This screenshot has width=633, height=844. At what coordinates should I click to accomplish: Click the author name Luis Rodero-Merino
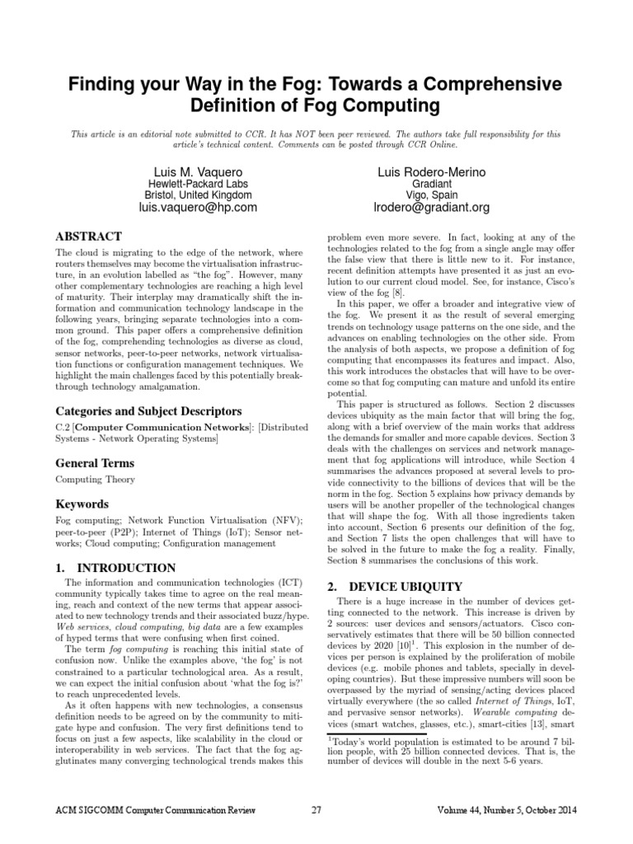[432, 171]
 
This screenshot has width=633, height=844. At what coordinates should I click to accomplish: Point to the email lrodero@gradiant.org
[432, 208]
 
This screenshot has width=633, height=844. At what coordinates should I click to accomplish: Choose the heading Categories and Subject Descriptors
[148, 410]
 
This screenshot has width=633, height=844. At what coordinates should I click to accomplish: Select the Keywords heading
[82, 504]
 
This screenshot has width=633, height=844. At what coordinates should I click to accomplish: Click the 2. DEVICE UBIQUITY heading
[394, 586]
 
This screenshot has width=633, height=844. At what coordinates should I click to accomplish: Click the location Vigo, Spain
[432, 195]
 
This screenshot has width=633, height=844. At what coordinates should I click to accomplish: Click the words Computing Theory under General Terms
[95, 479]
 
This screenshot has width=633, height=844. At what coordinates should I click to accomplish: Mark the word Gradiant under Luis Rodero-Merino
[432, 183]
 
